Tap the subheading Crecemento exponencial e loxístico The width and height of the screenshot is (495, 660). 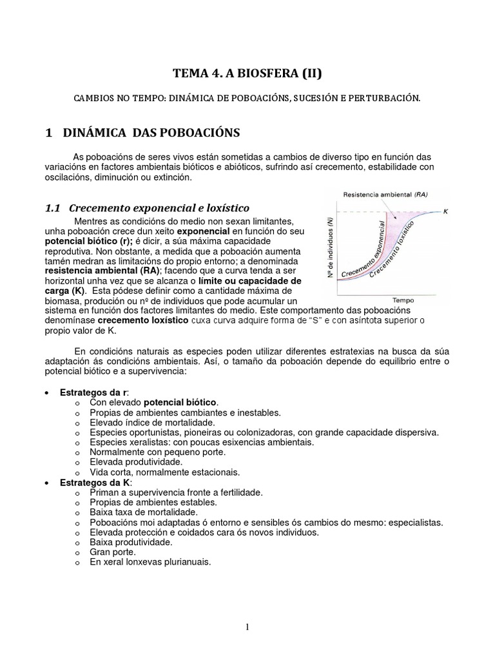(159, 208)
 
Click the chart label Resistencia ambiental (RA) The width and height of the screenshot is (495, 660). (385, 194)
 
